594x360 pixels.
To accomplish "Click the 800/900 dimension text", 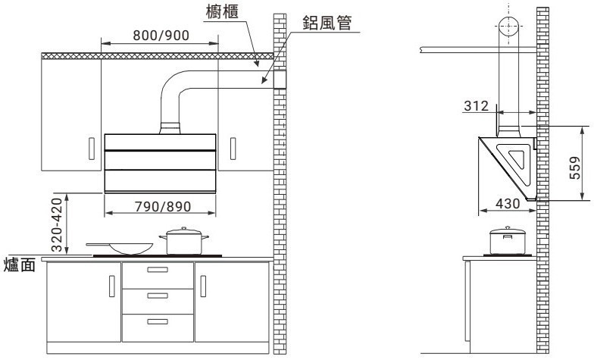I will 162,35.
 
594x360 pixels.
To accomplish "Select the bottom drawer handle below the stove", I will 158,322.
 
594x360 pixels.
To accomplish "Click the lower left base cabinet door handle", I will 112,287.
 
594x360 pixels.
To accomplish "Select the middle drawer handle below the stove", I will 158,295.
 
